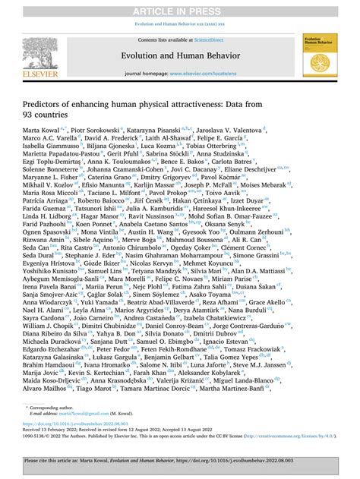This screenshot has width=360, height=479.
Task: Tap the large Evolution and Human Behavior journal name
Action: [180, 55]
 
